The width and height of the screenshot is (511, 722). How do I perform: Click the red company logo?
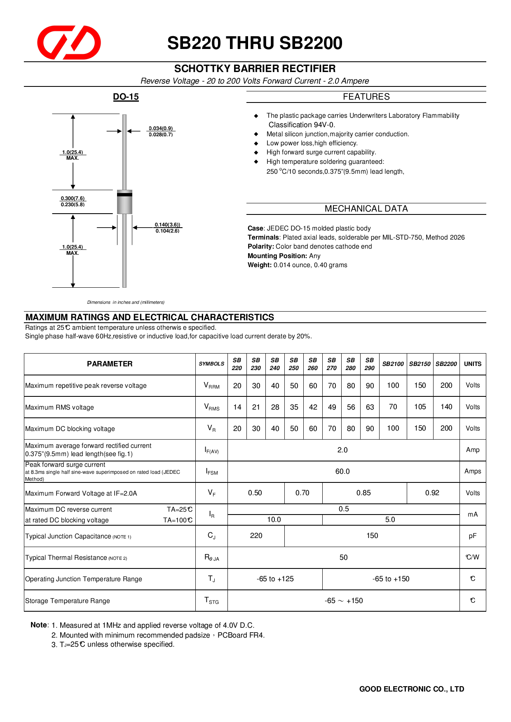point(69,42)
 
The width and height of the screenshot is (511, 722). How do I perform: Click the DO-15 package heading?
point(126,97)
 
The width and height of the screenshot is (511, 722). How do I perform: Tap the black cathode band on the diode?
point(124,194)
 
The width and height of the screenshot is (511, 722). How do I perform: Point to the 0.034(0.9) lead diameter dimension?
point(161,128)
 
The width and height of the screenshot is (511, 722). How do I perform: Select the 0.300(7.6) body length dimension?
point(73,198)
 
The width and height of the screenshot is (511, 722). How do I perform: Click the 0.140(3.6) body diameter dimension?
point(167,225)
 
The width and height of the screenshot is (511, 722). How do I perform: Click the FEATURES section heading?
point(366,97)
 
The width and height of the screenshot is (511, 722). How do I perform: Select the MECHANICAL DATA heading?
point(366,209)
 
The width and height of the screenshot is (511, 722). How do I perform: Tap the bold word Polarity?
point(260,247)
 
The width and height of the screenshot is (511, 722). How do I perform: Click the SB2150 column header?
point(420,364)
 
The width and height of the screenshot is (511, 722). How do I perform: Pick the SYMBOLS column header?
point(211,364)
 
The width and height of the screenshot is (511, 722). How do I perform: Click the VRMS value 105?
point(420,407)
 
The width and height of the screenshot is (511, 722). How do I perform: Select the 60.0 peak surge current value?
point(342,471)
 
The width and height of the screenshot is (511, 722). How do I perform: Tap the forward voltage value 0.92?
point(432,493)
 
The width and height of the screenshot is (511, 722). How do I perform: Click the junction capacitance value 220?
point(256,536)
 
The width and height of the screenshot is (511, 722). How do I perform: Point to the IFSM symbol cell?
point(211,472)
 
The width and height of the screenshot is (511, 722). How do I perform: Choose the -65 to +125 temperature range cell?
point(275,579)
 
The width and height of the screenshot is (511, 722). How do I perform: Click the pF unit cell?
point(472,536)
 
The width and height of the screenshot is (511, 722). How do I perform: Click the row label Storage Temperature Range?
point(68,601)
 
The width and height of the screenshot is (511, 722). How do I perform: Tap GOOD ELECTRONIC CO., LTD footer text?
point(411,689)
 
